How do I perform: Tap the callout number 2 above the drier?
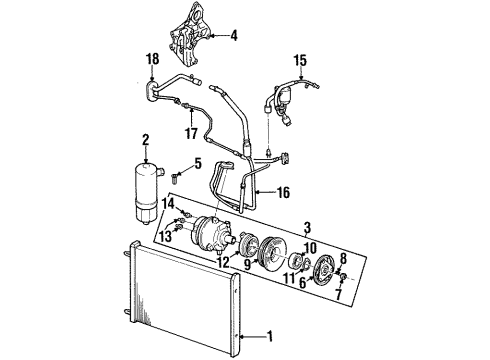[x=145, y=139]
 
